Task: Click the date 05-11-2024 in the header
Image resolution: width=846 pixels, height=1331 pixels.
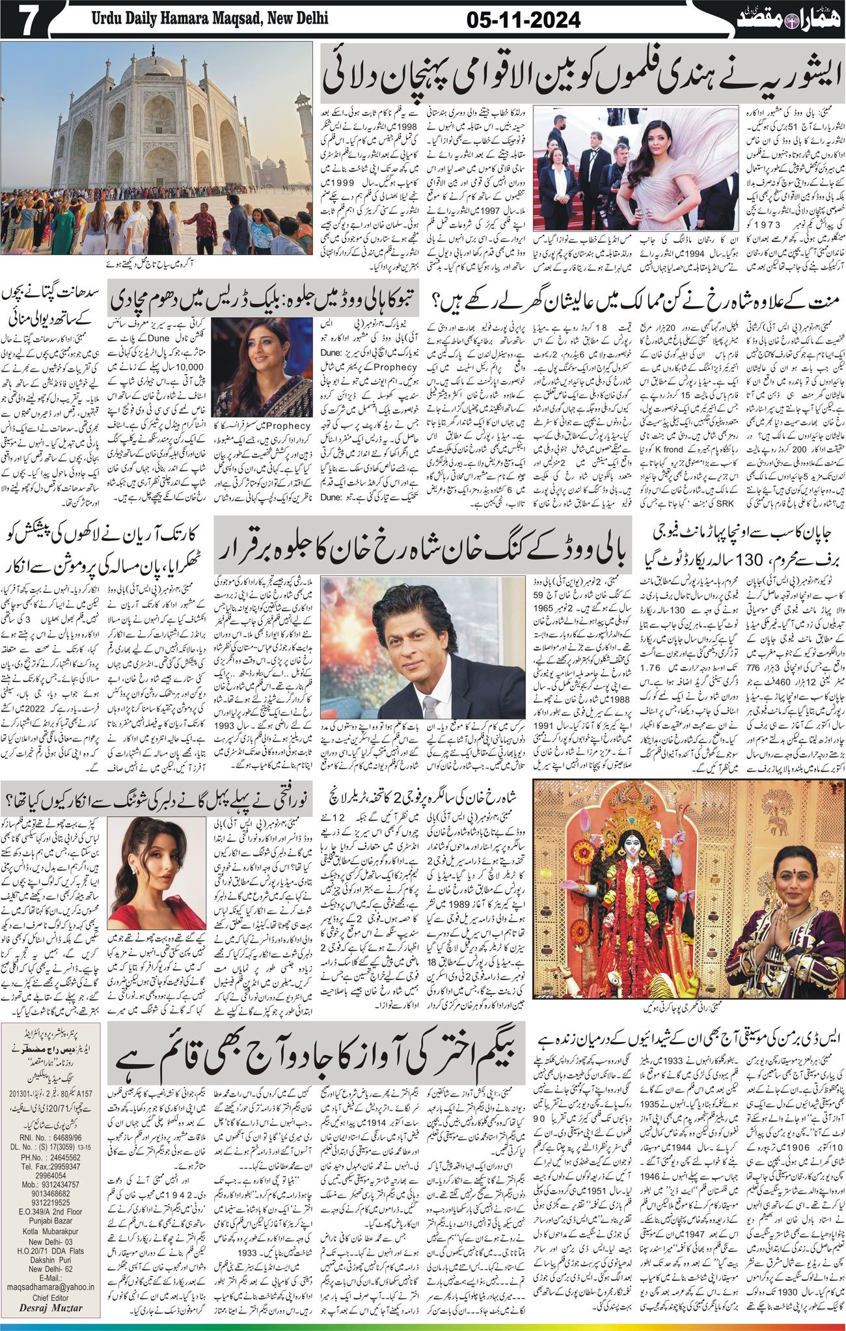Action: [523, 21]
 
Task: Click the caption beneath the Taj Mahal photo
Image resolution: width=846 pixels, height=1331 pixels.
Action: [157, 265]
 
